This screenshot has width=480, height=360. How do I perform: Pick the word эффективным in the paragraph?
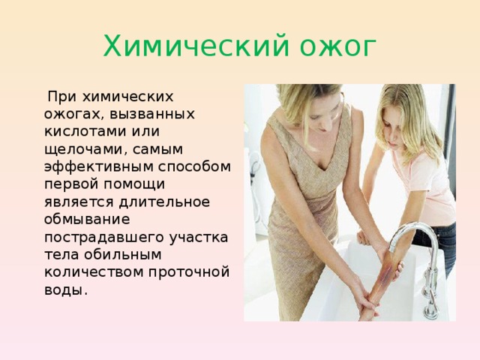coord(94,166)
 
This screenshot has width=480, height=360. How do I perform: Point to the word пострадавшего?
coord(101,236)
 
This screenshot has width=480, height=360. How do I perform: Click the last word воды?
coord(64,289)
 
